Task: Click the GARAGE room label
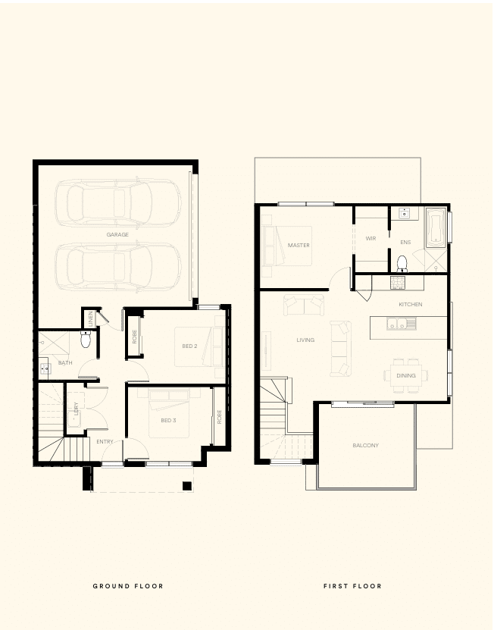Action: tap(117, 235)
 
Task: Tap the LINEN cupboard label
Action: tap(91, 318)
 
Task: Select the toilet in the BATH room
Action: tap(86, 339)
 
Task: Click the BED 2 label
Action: tap(189, 346)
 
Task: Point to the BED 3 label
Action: tap(168, 420)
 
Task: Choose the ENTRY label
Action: tap(105, 441)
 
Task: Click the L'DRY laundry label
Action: tap(76, 408)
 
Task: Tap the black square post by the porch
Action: tap(186, 486)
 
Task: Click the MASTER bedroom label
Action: tap(299, 245)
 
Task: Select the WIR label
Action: tap(370, 239)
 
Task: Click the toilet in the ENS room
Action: tap(402, 264)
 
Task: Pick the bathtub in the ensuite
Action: tap(436, 227)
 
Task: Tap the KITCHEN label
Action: tap(411, 305)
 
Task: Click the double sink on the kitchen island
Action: tap(402, 324)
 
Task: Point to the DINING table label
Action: tap(405, 376)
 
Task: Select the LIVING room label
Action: tap(305, 340)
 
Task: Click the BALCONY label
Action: tap(365, 445)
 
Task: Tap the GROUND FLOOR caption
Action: tap(128, 586)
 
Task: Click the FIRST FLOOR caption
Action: tap(352, 586)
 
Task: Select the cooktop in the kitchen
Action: tap(398, 283)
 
